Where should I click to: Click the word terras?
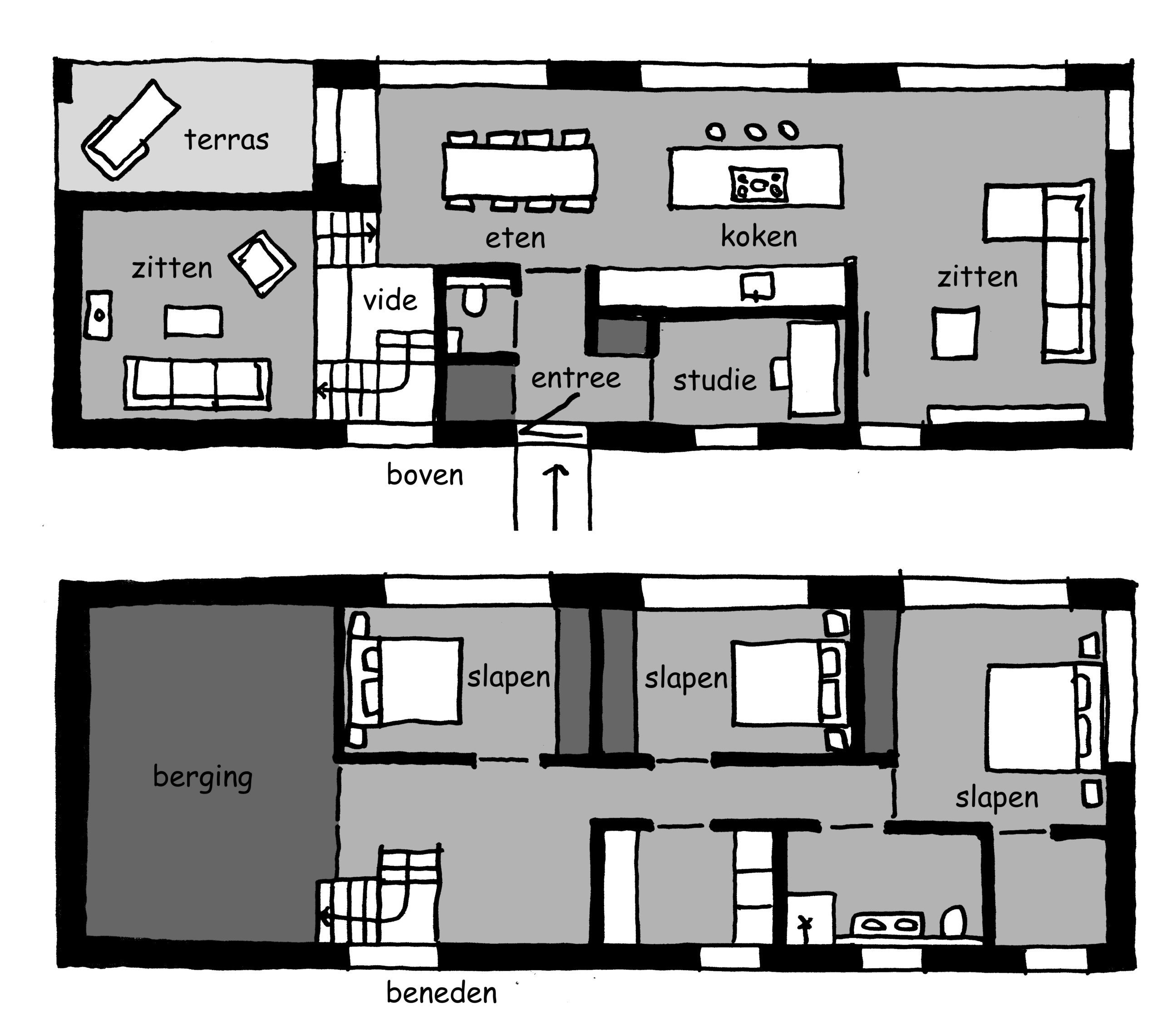226,140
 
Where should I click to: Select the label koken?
759,236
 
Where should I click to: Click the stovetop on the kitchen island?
758,184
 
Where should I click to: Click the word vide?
390,300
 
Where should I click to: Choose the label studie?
715,379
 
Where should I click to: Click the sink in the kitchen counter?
757,286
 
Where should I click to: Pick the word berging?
203,778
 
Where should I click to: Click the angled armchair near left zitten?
261,263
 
